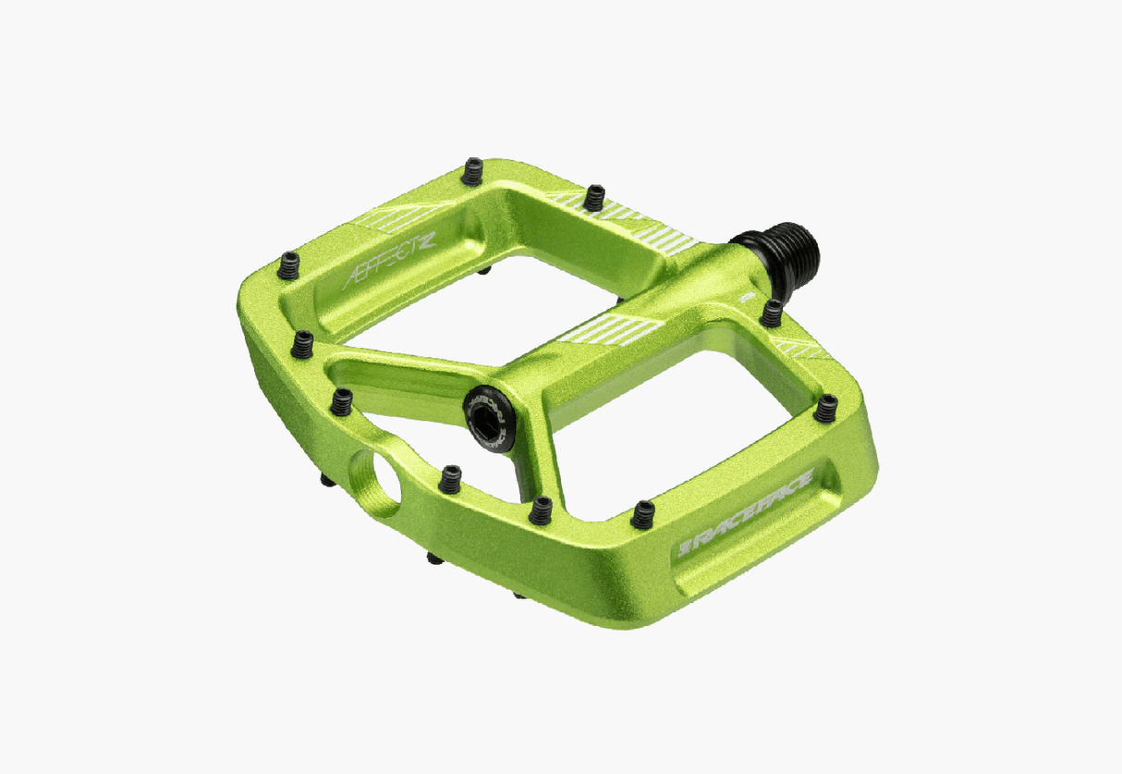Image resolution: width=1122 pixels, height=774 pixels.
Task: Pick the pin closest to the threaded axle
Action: (771, 313)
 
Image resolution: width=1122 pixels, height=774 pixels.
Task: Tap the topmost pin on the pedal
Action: (473, 170)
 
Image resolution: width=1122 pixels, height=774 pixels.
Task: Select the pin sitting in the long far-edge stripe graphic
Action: (595, 197)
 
